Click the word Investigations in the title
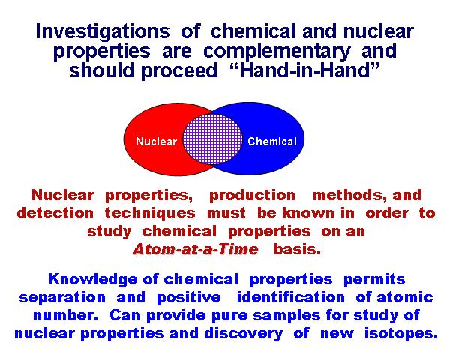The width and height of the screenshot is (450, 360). (103, 31)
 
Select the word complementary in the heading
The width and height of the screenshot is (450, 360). (277, 52)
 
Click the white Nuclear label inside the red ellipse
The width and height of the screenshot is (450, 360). (156, 142)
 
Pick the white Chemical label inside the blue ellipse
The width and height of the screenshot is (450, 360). (272, 142)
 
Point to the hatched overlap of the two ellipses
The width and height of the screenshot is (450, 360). (213, 139)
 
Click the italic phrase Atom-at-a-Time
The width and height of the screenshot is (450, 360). (196, 249)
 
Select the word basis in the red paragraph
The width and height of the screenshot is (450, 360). (297, 249)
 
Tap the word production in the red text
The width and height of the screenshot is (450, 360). (252, 196)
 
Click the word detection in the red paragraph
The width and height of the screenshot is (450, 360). (55, 213)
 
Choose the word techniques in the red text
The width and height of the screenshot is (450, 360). (150, 214)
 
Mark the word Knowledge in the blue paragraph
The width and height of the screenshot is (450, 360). (93, 279)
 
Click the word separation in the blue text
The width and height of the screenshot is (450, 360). (62, 298)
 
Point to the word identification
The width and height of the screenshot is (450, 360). (291, 297)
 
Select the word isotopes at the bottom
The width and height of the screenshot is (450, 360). (401, 334)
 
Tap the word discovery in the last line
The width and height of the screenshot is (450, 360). (244, 334)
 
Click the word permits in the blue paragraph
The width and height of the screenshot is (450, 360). (374, 279)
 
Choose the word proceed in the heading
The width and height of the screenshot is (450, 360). (179, 70)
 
